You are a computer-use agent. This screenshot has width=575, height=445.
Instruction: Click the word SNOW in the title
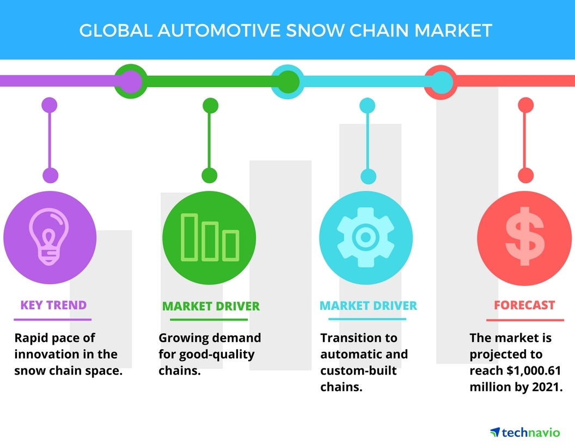coord(315,31)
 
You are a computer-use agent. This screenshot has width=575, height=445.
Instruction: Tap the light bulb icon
coord(49,237)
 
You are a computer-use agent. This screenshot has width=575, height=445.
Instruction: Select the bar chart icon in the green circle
coord(210,238)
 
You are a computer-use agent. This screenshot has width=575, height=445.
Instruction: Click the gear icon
coord(365,237)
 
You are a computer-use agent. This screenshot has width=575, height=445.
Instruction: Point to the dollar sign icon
coord(525,236)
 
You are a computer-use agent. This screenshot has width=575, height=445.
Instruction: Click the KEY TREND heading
coord(53,305)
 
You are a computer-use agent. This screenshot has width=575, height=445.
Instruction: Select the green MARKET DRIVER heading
coord(211,306)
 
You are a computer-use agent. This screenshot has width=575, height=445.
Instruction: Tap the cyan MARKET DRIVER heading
coord(368,305)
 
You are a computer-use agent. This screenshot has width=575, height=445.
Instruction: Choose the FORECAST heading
coord(524,305)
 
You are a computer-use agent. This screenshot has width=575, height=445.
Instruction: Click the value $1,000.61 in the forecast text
coord(534,371)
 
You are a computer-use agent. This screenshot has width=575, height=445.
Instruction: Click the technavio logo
coord(525,432)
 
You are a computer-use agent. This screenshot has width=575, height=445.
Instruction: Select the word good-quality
coord(217,355)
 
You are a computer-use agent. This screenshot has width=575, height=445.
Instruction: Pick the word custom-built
coord(358,370)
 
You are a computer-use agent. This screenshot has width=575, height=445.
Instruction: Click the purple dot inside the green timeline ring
coord(130,81)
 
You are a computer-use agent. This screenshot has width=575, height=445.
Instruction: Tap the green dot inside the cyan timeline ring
coord(288,81)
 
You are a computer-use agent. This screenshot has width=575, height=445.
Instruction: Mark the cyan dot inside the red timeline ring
coord(441,81)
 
